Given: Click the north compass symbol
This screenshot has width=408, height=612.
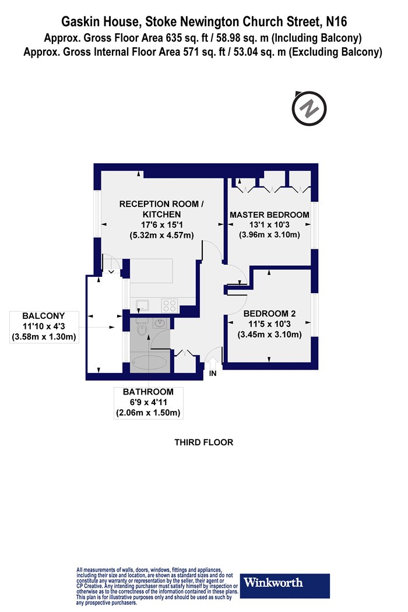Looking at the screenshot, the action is pyautogui.click(x=309, y=108).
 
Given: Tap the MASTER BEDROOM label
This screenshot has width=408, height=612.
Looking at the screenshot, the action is pyautogui.click(x=269, y=214).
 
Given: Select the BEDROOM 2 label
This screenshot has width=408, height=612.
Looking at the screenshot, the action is pyautogui.click(x=269, y=314).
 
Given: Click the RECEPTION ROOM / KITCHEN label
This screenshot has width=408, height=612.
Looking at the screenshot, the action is pyautogui.click(x=161, y=209).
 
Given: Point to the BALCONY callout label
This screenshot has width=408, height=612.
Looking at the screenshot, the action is pyautogui.click(x=44, y=326).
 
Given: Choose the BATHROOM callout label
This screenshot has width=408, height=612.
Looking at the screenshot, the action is pyautogui.click(x=149, y=402).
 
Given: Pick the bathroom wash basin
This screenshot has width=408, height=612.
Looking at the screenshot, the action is pyautogui.click(x=160, y=323).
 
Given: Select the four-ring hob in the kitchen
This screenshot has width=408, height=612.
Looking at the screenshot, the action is pyautogui.click(x=170, y=305).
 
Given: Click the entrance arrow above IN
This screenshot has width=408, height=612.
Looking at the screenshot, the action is pyautogui.click(x=213, y=362).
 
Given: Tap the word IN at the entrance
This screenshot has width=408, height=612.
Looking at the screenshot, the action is pyautogui.click(x=213, y=374).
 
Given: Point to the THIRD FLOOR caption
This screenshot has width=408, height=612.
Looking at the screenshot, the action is pyautogui.click(x=204, y=442).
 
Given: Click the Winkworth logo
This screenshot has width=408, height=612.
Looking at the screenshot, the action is pyautogui.click(x=284, y=586).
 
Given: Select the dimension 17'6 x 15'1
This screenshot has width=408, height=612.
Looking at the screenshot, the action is pyautogui.click(x=162, y=225).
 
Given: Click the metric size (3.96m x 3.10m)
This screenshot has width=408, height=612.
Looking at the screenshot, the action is pyautogui.click(x=269, y=235).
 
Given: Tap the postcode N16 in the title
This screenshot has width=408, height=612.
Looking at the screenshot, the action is pyautogui.click(x=336, y=22).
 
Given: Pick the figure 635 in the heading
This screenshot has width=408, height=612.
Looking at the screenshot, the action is pyautogui.click(x=174, y=38).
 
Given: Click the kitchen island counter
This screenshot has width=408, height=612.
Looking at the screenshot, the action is pyautogui.click(x=151, y=271).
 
